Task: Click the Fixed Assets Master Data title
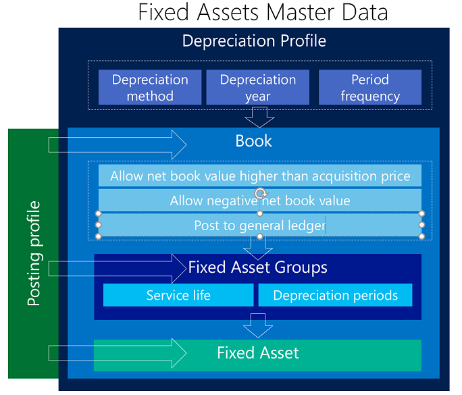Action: pyautogui.click(x=263, y=12)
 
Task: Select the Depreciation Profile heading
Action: pyautogui.click(x=254, y=41)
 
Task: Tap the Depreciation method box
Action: pyautogui.click(x=150, y=87)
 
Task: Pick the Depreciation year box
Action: pyautogui.click(x=258, y=87)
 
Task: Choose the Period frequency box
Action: pyautogui.click(x=370, y=87)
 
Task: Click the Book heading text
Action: pyautogui.click(x=253, y=141)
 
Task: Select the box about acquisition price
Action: pyautogui.click(x=260, y=176)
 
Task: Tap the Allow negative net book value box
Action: pyautogui.click(x=260, y=201)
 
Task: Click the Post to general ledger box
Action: pyautogui.click(x=260, y=225)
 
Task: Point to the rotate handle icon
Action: pyautogui.click(x=261, y=194)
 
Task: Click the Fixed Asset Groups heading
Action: pyautogui.click(x=258, y=267)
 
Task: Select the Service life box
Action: pyautogui.click(x=178, y=295)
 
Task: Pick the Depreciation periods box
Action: pyautogui.click(x=335, y=295)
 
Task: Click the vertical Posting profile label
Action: pyautogui.click(x=33, y=253)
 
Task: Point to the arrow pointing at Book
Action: pyautogui.click(x=118, y=145)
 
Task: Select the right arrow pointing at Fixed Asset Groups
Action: pyautogui.click(x=118, y=269)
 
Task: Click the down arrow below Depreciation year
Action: pyautogui.click(x=259, y=117)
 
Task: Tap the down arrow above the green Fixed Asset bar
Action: pyautogui.click(x=258, y=325)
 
